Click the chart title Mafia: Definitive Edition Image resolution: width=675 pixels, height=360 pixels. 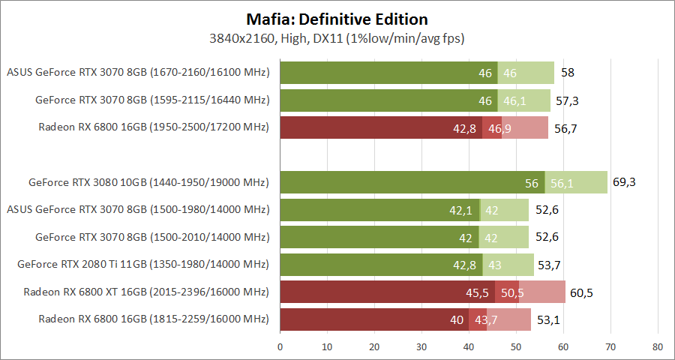pyautogui.click(x=337, y=19)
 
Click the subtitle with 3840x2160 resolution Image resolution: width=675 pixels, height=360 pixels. pyautogui.click(x=337, y=37)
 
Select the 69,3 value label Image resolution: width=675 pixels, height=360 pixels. pyautogui.click(x=624, y=182)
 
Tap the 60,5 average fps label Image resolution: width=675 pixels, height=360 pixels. pyautogui.click(x=582, y=292)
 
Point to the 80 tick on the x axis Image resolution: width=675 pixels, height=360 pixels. pyautogui.click(x=658, y=347)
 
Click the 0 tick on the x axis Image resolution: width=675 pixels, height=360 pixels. pyautogui.click(x=280, y=347)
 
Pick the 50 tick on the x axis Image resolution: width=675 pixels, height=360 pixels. pyautogui.click(x=516, y=347)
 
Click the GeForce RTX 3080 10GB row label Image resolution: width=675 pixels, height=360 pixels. pyautogui.click(x=148, y=182)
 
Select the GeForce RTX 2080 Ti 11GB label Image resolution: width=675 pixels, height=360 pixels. pyautogui.click(x=143, y=264)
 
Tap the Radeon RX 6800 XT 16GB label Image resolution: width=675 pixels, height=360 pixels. pyautogui.click(x=146, y=292)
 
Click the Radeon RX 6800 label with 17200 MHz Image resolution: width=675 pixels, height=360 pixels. pyautogui.click(x=154, y=127)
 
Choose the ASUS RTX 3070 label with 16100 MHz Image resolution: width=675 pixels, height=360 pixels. pyautogui.click(x=138, y=73)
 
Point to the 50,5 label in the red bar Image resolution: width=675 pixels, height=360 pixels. pyautogui.click(x=512, y=292)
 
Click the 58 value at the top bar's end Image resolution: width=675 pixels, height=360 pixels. pyautogui.click(x=568, y=73)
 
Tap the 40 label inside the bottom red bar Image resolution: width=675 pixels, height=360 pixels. pyautogui.click(x=457, y=320)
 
